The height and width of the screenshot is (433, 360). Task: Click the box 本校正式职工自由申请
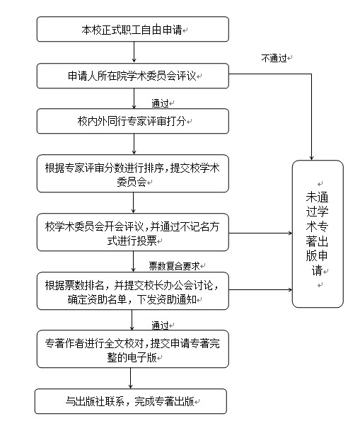click(x=133, y=29)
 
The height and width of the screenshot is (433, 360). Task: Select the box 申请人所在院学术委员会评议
click(x=133, y=76)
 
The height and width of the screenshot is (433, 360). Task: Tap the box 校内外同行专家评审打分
click(x=133, y=121)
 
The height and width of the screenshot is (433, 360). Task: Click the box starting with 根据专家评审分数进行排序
click(x=133, y=174)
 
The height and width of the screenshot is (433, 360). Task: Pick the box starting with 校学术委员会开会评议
click(x=133, y=232)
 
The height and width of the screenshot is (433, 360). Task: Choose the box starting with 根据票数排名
click(x=133, y=291)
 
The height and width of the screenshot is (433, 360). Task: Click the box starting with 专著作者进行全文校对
click(x=133, y=349)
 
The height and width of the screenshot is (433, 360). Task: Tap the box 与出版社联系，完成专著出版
click(x=131, y=401)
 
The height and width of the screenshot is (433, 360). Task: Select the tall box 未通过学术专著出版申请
click(x=318, y=233)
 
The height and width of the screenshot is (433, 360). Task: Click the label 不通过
click(x=274, y=58)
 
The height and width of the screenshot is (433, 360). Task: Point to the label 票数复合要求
click(x=174, y=266)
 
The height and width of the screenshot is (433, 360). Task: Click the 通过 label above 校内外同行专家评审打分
click(x=160, y=103)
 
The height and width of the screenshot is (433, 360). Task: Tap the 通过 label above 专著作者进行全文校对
click(x=160, y=325)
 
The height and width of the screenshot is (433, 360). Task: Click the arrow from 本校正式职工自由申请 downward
click(x=134, y=52)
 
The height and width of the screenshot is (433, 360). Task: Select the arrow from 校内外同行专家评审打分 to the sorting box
click(x=134, y=144)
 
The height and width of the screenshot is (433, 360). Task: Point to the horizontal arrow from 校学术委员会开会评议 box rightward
click(x=260, y=233)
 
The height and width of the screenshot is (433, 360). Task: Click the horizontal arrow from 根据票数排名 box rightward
click(x=260, y=289)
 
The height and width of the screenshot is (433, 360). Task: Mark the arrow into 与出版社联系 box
click(x=131, y=379)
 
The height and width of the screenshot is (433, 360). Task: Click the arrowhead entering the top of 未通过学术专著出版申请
click(x=312, y=158)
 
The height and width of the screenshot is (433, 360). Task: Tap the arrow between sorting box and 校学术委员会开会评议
click(x=134, y=202)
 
